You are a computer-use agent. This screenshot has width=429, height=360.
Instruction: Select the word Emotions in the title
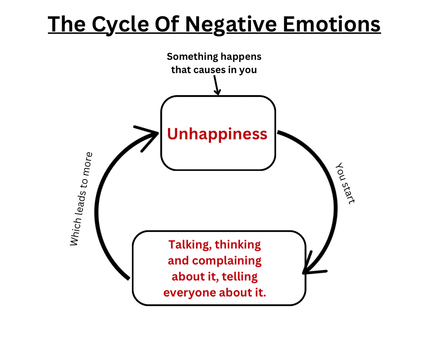pos(335,24)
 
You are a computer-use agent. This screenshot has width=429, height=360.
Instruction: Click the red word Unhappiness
pos(217,134)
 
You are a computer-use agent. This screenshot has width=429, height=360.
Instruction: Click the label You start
pos(345,183)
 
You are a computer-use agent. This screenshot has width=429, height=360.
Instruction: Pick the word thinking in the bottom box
pos(238,244)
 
